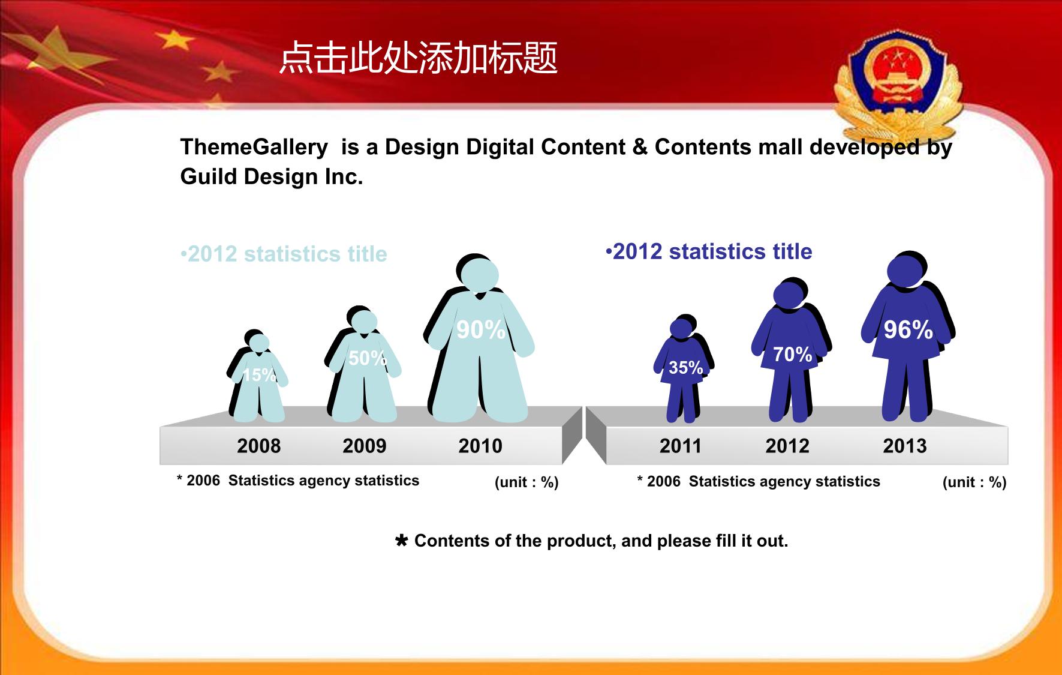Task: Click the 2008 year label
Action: [x=258, y=446]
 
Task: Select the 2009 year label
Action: [x=365, y=446]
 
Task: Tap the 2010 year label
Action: [x=480, y=446]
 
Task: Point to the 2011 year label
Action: [x=680, y=446]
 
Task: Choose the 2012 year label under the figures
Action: [x=787, y=446]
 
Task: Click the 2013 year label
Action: [x=905, y=446]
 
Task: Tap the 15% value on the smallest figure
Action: [x=259, y=375]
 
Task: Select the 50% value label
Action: [x=368, y=358]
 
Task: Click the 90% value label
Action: [x=481, y=330]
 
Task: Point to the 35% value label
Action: [x=685, y=367]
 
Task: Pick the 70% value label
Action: [x=792, y=355]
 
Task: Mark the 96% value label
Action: [x=908, y=330]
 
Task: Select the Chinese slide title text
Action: [x=419, y=58]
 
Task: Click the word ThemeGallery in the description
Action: [x=254, y=147]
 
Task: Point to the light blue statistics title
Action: [x=284, y=254]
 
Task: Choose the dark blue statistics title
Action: [x=709, y=251]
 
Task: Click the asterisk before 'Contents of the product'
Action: [x=402, y=541]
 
